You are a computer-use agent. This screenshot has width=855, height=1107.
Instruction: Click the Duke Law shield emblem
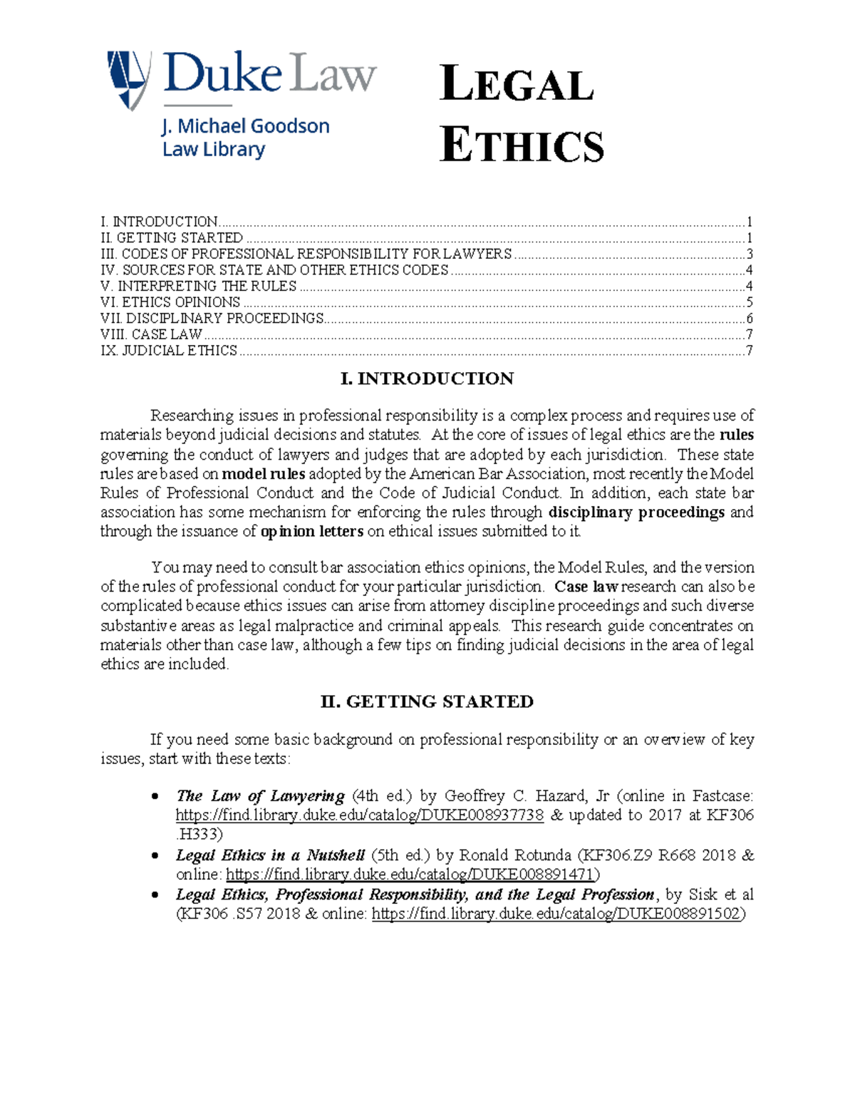pos(128,79)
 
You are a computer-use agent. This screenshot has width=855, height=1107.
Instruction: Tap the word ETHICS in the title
pos(522,145)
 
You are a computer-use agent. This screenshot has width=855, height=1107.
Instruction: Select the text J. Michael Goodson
pos(246,127)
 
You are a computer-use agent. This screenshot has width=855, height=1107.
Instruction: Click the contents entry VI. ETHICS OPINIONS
pos(171,302)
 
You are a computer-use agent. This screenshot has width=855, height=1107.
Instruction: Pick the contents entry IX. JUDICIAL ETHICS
pos(170,351)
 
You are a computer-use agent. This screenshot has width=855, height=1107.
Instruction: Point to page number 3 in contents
pos(749,254)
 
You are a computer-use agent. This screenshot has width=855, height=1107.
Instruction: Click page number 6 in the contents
pos(749,319)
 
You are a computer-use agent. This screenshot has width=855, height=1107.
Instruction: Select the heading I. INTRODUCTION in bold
pos(427,379)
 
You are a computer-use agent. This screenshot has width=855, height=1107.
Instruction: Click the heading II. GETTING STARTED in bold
pos(427,701)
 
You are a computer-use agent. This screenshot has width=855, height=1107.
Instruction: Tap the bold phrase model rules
pos(264,474)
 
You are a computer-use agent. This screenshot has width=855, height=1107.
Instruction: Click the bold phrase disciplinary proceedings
pos(636,513)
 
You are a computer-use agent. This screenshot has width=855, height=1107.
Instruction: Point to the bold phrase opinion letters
pos(312,532)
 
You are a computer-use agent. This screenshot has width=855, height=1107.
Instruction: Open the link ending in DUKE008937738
pos(360,815)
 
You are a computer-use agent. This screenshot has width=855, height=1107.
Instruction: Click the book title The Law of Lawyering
pos(260,796)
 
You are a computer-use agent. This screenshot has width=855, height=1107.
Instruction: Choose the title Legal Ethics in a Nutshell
pos(270,855)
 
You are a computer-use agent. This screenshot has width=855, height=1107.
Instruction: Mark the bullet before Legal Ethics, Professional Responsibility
pos(155,895)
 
